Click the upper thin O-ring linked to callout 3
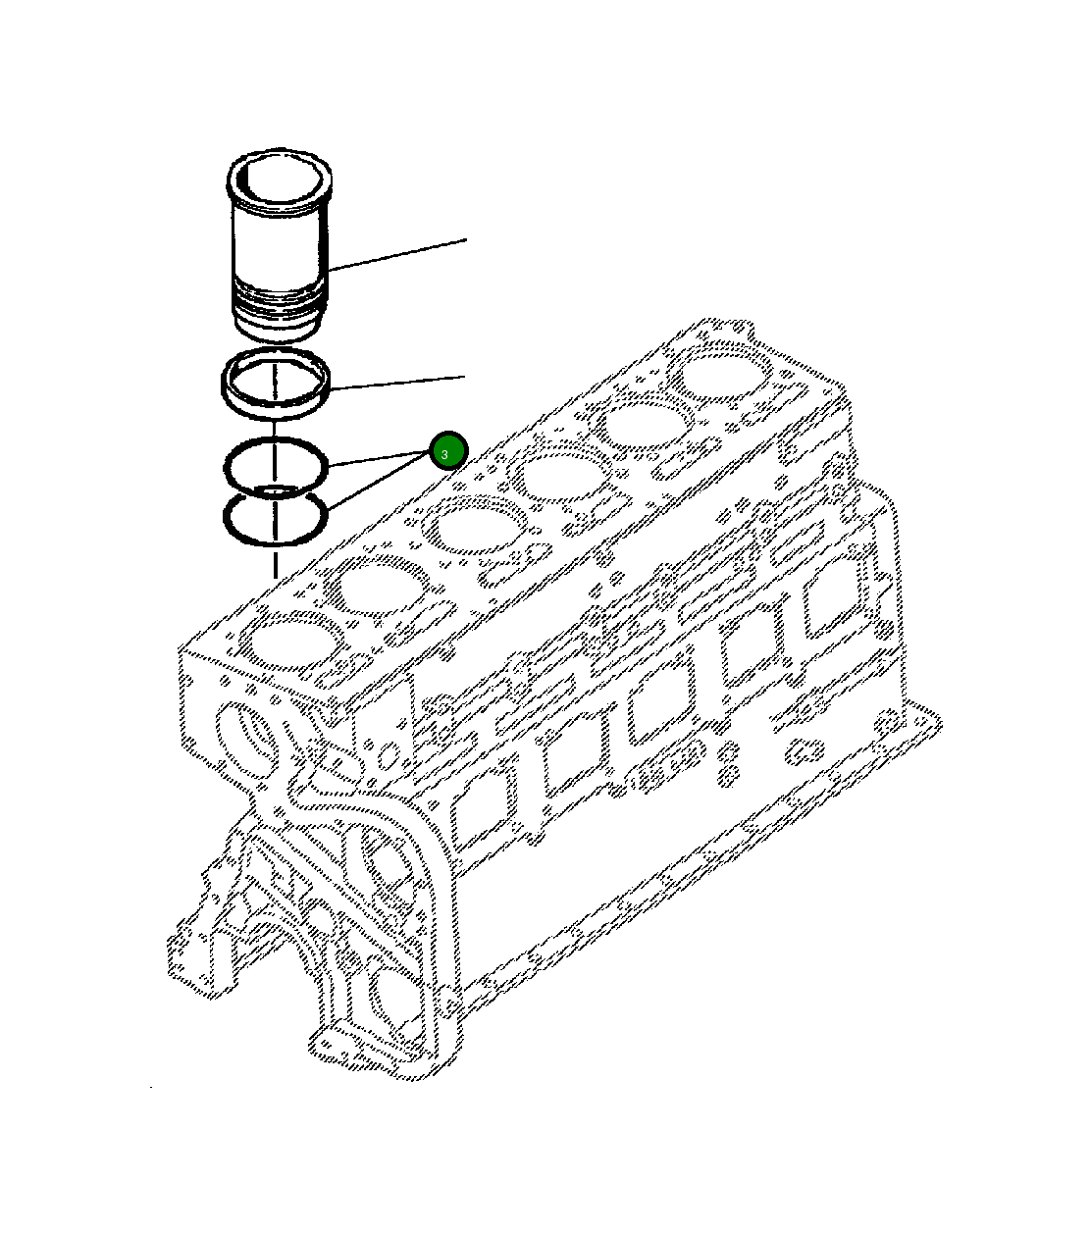276,461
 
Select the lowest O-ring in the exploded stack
276,519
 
